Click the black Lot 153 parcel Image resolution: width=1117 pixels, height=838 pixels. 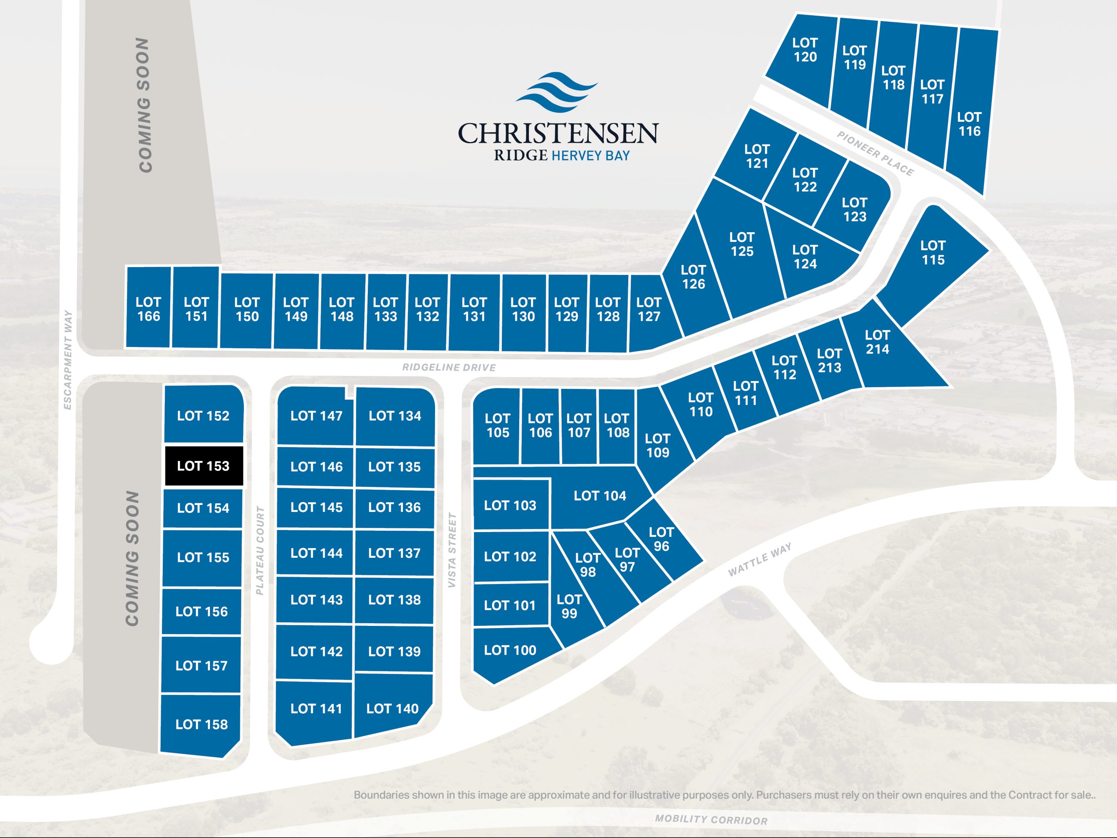[203, 466]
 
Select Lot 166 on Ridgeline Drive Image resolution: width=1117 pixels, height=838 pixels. [148, 309]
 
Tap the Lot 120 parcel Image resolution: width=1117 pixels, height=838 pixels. [805, 50]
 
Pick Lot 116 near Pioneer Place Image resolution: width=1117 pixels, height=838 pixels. [969, 124]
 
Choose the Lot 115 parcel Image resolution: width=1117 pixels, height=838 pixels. [932, 253]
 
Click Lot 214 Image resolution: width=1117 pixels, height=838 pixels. [877, 343]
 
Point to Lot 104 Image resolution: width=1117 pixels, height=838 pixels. [600, 496]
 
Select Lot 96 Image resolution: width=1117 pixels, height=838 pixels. [661, 539]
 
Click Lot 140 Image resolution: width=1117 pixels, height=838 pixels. [392, 709]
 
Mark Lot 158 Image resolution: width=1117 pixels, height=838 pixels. [202, 725]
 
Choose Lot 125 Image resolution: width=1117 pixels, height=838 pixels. [741, 244]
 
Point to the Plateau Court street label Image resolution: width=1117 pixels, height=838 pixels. [260, 550]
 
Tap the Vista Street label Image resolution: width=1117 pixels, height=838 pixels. [452, 550]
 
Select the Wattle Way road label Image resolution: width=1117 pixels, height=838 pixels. [760, 560]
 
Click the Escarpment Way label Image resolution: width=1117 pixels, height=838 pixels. [68, 360]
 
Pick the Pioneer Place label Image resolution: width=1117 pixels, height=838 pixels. [875, 154]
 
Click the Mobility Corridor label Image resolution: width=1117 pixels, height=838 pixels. [711, 819]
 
